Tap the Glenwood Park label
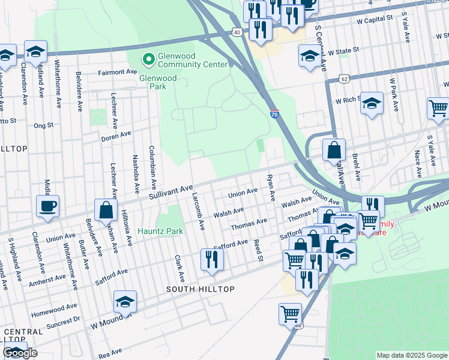158,79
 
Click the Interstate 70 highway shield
274,114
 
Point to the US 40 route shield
238,32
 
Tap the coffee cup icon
48,206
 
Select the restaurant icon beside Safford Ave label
211,259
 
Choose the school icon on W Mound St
125,302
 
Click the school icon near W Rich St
372,103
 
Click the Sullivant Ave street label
171,190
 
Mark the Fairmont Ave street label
118,72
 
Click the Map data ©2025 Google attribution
411,355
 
